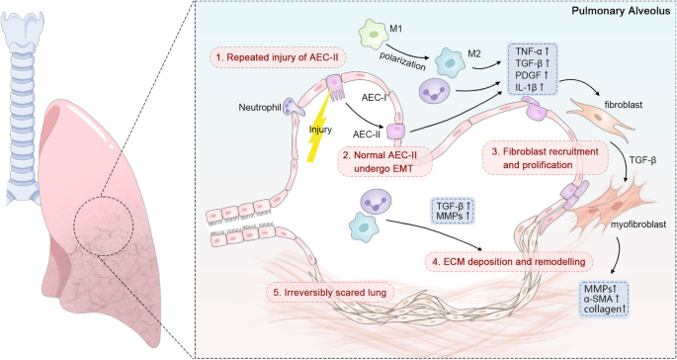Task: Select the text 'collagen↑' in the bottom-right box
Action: (606, 310)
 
